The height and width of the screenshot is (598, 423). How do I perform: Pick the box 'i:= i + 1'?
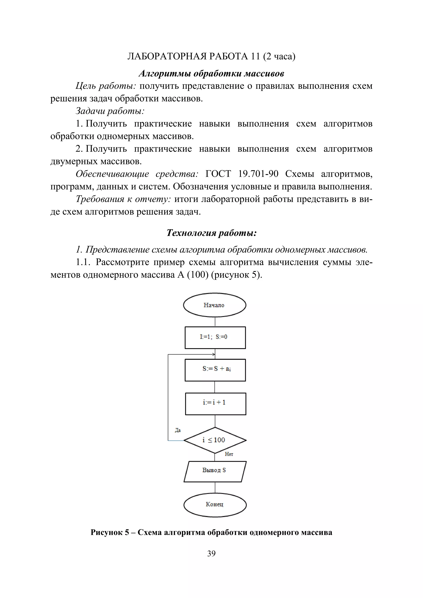(x=215, y=404)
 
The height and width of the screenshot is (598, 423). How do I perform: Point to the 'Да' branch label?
(x=178, y=430)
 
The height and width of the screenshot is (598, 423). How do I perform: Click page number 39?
(x=211, y=553)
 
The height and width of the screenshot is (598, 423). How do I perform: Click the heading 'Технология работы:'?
(x=211, y=233)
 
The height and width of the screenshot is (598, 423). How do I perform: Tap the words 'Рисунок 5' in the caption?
(x=110, y=532)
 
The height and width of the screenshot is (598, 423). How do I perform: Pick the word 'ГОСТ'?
(x=218, y=174)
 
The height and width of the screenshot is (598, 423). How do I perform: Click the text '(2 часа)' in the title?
(x=279, y=56)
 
